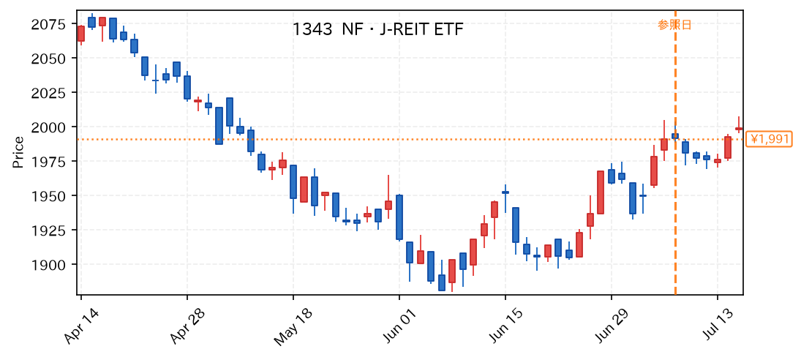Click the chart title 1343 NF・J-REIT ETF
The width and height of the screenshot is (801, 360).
click(378, 29)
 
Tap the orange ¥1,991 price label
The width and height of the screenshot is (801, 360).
click(769, 139)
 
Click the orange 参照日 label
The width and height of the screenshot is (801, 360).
click(674, 25)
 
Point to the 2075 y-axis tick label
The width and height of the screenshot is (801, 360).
click(48, 24)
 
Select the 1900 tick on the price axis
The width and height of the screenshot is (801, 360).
click(48, 264)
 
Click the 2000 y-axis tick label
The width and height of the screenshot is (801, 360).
click(48, 127)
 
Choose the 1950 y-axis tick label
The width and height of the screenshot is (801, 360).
click(48, 195)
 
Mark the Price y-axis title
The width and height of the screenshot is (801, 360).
click(18, 153)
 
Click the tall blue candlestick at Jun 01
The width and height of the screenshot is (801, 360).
click(399, 217)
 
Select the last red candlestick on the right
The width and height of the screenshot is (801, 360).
click(739, 129)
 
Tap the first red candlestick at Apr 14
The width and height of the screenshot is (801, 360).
click(80, 34)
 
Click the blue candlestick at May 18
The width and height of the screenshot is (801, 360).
click(293, 181)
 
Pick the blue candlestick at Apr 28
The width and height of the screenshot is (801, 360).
click(187, 87)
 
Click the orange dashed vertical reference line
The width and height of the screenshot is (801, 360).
click(675, 152)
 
